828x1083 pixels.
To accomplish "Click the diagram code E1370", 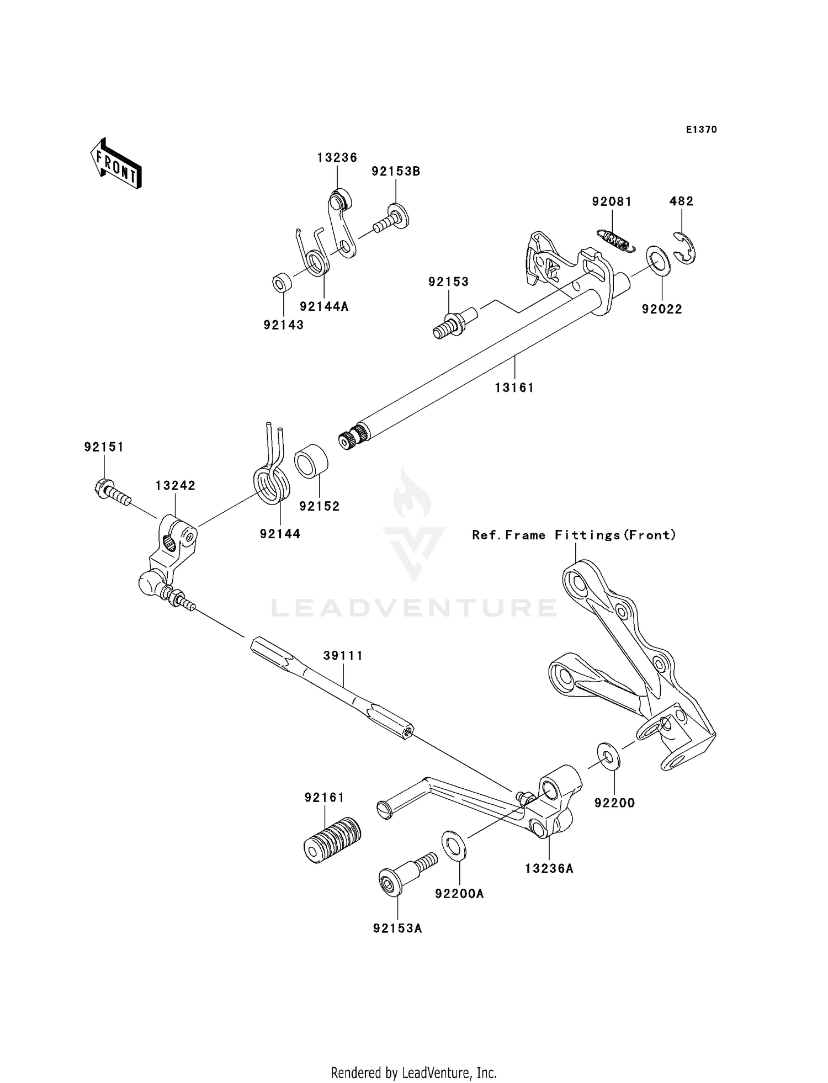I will coord(701,130).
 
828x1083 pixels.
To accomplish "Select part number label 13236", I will coord(337,158).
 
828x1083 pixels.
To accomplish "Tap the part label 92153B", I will coord(396,172).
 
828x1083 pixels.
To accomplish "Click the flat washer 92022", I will coord(658,258).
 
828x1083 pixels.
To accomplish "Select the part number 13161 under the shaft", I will coord(514,388).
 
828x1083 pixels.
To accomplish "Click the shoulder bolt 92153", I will coord(454,324).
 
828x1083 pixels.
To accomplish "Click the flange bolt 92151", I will coord(110,491).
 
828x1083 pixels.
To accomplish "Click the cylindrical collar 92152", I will coord(311,461).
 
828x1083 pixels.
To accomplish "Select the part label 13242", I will coord(175,486).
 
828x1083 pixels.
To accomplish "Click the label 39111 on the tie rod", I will coord(343,656).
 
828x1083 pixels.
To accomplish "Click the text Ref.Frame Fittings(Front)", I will coord(574,535).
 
